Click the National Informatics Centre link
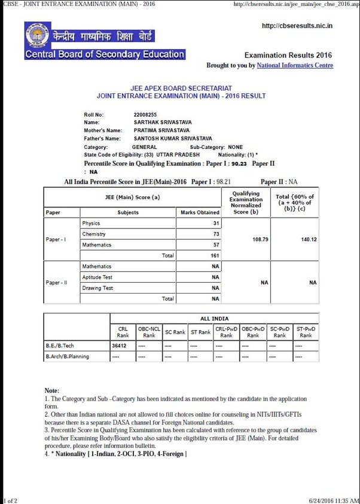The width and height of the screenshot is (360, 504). tap(295, 65)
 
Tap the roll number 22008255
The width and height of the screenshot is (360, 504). tap(145, 114)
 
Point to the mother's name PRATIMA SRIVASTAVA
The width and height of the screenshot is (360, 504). tap(161, 130)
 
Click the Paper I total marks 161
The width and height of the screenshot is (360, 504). tap(215, 255)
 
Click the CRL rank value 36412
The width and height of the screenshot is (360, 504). tap(120, 346)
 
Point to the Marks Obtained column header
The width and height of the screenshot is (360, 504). tap(200, 212)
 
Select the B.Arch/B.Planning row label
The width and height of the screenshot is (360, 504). tap(68, 357)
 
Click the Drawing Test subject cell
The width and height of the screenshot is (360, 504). tap(97, 288)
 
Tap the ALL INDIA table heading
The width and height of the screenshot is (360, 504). tap(214, 319)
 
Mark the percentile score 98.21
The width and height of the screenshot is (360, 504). tap(224, 182)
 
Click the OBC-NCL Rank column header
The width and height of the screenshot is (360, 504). tap(149, 332)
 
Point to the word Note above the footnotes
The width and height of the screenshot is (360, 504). tap(52, 390)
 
